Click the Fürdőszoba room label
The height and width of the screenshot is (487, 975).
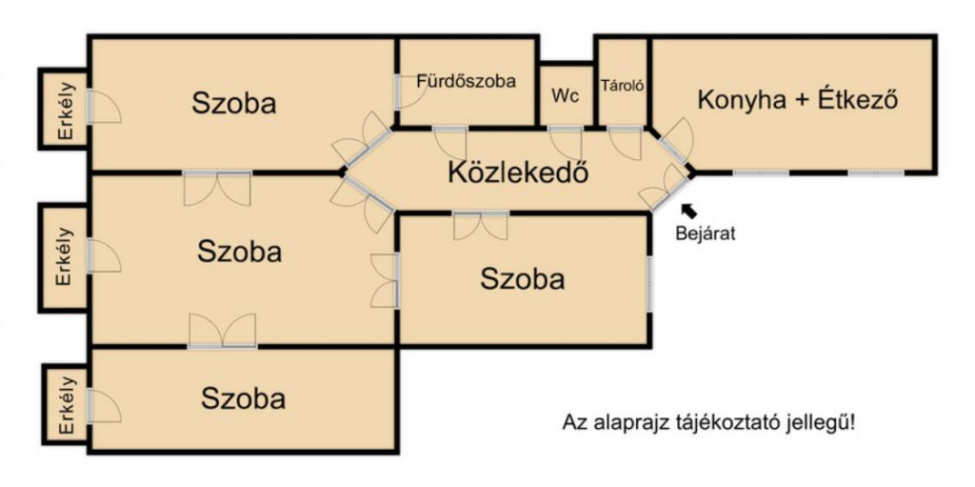coord(467,81)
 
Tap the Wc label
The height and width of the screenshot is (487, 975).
coord(566,96)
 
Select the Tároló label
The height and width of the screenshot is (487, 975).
coord(622,86)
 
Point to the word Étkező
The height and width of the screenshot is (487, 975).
coord(858,99)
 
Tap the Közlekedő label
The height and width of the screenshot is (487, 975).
coord(518,173)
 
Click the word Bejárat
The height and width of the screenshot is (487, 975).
coord(706,234)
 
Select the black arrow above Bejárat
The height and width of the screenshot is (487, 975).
coord(689,211)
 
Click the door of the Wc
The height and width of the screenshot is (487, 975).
coord(566,143)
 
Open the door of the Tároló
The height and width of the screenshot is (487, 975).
coord(625,143)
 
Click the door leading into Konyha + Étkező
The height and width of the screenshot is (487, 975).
coord(674,142)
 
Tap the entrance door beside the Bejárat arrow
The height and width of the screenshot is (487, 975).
coord(666,189)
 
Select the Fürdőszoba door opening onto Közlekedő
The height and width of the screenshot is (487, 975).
coord(450,143)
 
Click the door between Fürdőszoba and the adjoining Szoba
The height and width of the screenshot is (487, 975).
coord(408,92)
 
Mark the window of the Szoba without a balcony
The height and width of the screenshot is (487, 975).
coord(649,283)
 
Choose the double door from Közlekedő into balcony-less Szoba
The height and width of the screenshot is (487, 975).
coord(481,226)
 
